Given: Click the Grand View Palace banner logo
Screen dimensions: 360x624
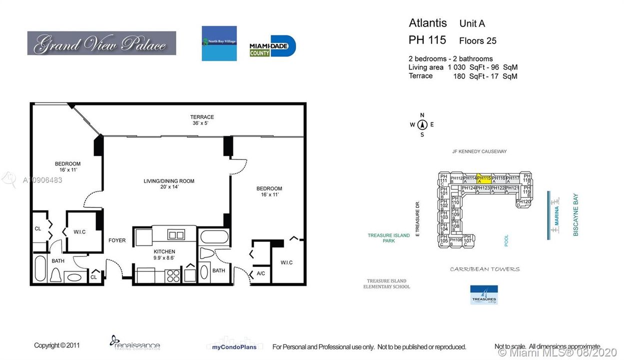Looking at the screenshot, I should (101, 43).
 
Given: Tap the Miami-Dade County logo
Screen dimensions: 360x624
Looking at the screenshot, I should (273, 46).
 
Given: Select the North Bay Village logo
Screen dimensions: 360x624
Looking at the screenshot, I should (219, 43).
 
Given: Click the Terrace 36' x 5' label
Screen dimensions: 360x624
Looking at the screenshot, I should (202, 120).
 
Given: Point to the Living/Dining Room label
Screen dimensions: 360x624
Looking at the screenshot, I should (169, 183).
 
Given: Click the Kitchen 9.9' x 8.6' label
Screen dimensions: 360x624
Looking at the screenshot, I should (164, 254).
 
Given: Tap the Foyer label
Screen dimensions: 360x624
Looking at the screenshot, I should (117, 240).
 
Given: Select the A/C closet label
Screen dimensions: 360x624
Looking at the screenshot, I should (260, 274).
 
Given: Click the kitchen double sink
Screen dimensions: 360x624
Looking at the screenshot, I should (176, 234).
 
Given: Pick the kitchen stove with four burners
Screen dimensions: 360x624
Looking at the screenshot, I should (173, 275).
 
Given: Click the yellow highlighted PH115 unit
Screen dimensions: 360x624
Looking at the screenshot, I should (483, 178).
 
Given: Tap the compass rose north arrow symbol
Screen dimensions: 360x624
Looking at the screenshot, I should (422, 125).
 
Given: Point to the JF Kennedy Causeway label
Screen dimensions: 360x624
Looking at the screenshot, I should (479, 151).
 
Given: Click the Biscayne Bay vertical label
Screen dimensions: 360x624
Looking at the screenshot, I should (576, 214).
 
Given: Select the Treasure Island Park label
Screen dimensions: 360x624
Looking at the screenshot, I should (389, 238).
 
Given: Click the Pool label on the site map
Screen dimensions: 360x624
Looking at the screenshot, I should (506, 241).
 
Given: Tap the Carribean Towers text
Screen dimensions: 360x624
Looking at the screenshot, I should (485, 269).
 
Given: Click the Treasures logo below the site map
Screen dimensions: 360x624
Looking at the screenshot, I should (484, 295).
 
